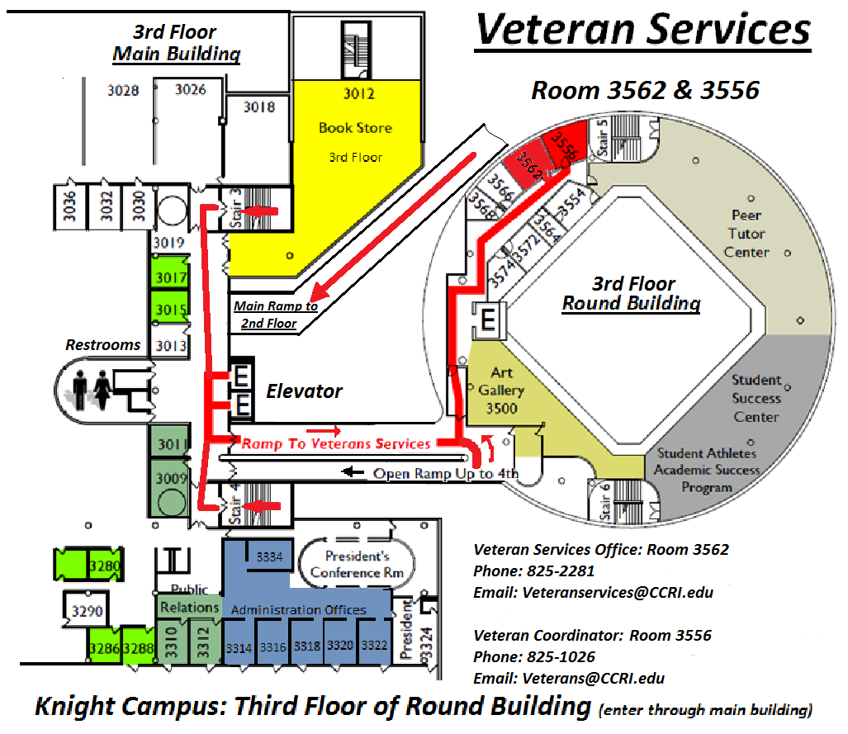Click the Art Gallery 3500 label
click(x=501, y=391)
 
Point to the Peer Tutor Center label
click(x=746, y=234)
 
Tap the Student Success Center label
click(x=756, y=398)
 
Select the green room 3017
click(x=171, y=277)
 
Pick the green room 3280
click(x=106, y=566)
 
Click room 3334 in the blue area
click(x=270, y=556)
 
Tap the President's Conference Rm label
click(x=357, y=565)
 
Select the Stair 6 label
click(x=605, y=501)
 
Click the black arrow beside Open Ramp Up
click(x=354, y=473)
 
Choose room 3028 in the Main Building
click(x=123, y=90)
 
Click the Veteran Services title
click(x=643, y=31)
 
